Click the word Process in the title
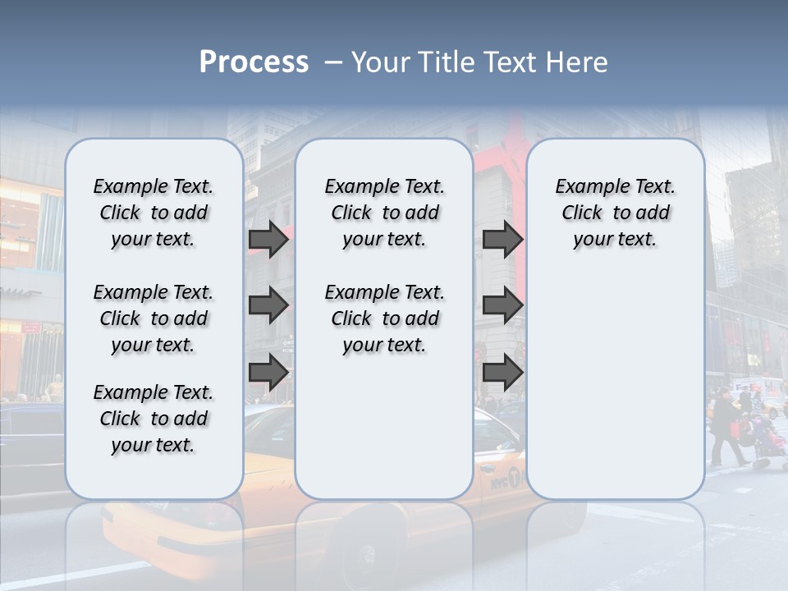tap(254, 62)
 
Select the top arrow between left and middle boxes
tap(268, 239)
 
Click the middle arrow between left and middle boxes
tap(268, 305)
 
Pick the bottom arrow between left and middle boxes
tap(268, 372)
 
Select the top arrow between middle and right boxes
tap(502, 239)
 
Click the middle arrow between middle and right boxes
tap(502, 305)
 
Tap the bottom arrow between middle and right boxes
tap(502, 372)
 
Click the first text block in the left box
tap(153, 213)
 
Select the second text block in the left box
tap(153, 318)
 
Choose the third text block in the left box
tap(153, 419)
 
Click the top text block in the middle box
tap(384, 213)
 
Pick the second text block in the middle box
tap(384, 318)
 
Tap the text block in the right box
tap(615, 213)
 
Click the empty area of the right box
tap(615, 378)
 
